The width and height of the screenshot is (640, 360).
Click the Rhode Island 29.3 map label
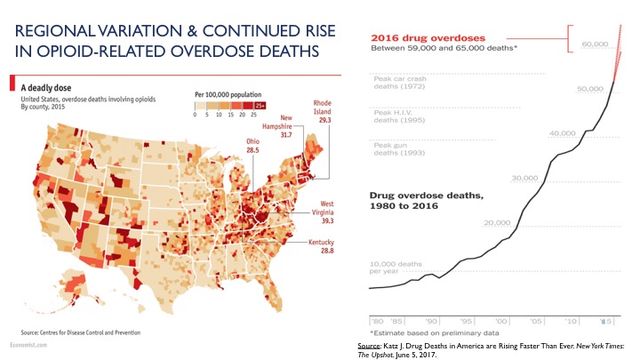(x=323, y=111)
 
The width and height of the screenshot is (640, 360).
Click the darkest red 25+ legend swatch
(x=260, y=105)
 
